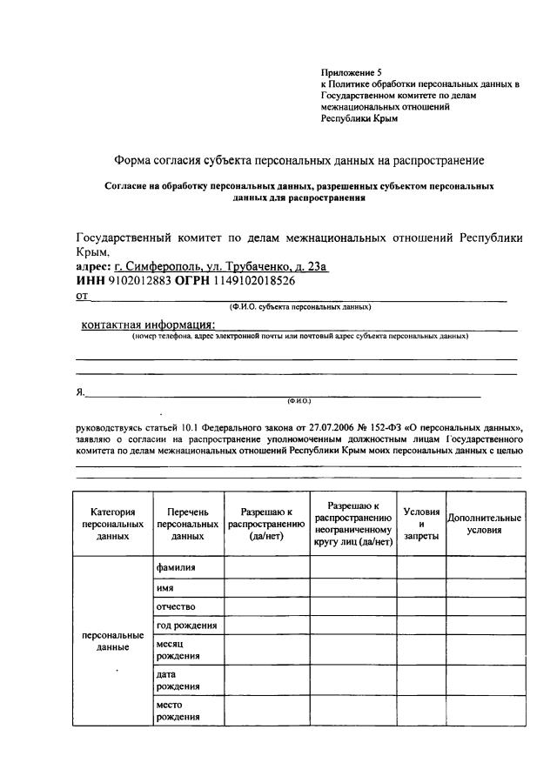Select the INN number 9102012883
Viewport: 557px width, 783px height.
pos(140,282)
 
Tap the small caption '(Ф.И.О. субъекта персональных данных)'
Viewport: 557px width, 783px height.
pos(300,307)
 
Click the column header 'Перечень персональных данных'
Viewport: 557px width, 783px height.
pos(187,524)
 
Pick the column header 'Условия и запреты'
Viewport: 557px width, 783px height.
pos(421,524)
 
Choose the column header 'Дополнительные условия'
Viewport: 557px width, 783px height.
pos(484,524)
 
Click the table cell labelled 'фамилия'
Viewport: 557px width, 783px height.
pos(176,567)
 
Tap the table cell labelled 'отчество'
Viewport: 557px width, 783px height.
pos(176,606)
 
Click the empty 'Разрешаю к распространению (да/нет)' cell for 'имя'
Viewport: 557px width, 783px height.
pos(266,587)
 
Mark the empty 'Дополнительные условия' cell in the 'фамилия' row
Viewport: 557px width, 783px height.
pos(485,567)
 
